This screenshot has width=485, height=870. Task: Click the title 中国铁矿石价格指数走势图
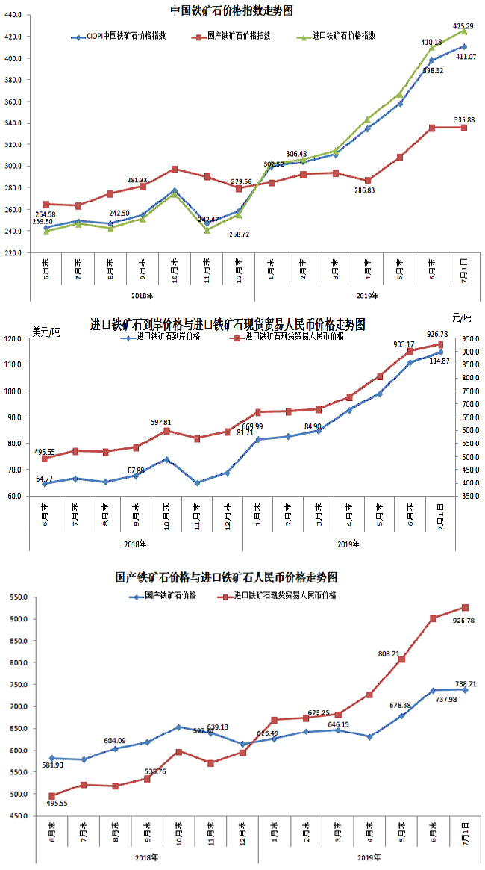coord(231,10)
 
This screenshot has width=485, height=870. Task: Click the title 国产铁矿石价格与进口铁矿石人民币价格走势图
coord(227,577)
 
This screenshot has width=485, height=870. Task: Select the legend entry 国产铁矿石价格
coord(169,595)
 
